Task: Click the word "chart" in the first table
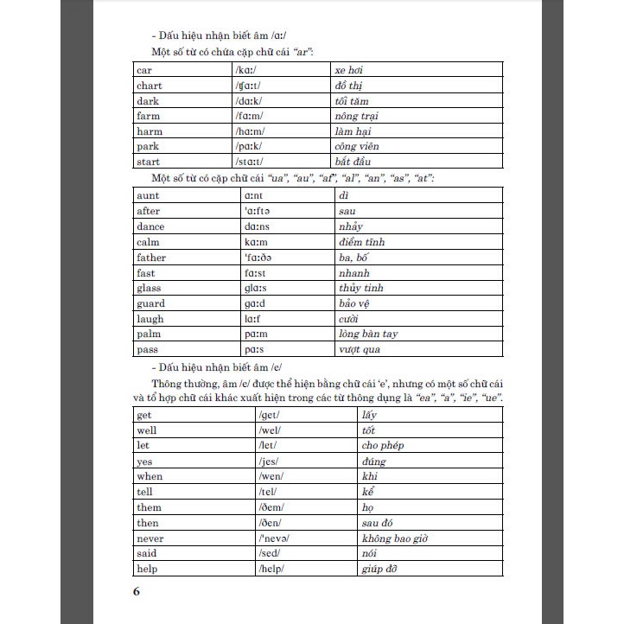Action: coord(149,86)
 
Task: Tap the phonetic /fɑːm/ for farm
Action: coord(249,116)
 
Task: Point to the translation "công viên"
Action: coord(356,147)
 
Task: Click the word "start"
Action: coord(149,162)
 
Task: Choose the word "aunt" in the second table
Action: coord(148,195)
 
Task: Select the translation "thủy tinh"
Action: coord(359,288)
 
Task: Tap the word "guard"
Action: coord(150,303)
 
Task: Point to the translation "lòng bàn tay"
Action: coord(366,334)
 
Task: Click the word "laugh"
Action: coord(150,319)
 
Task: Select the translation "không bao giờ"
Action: coord(394,538)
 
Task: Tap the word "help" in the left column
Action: coord(147,569)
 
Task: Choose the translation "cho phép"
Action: coord(383,445)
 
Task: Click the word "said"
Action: coord(146,553)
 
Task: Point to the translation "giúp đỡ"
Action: coord(381,569)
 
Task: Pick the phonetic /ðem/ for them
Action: coord(274,507)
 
